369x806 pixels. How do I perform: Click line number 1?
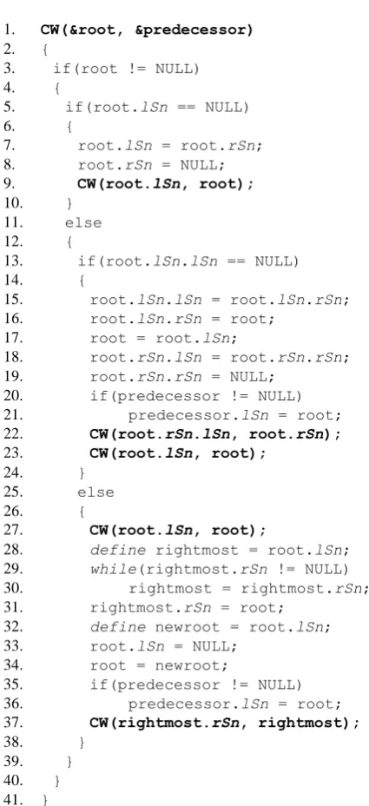tap(8, 30)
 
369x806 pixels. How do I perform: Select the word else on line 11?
tap(83, 222)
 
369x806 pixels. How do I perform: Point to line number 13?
tap(11, 261)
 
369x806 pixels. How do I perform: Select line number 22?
tap(11, 434)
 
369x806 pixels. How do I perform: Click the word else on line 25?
tap(96, 492)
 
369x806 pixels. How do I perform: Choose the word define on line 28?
tap(118, 550)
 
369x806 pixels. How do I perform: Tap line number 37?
tap(11, 723)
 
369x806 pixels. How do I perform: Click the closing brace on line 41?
tap(44, 800)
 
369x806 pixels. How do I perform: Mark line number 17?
tap(11, 338)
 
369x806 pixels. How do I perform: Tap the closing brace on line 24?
tap(82, 472)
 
